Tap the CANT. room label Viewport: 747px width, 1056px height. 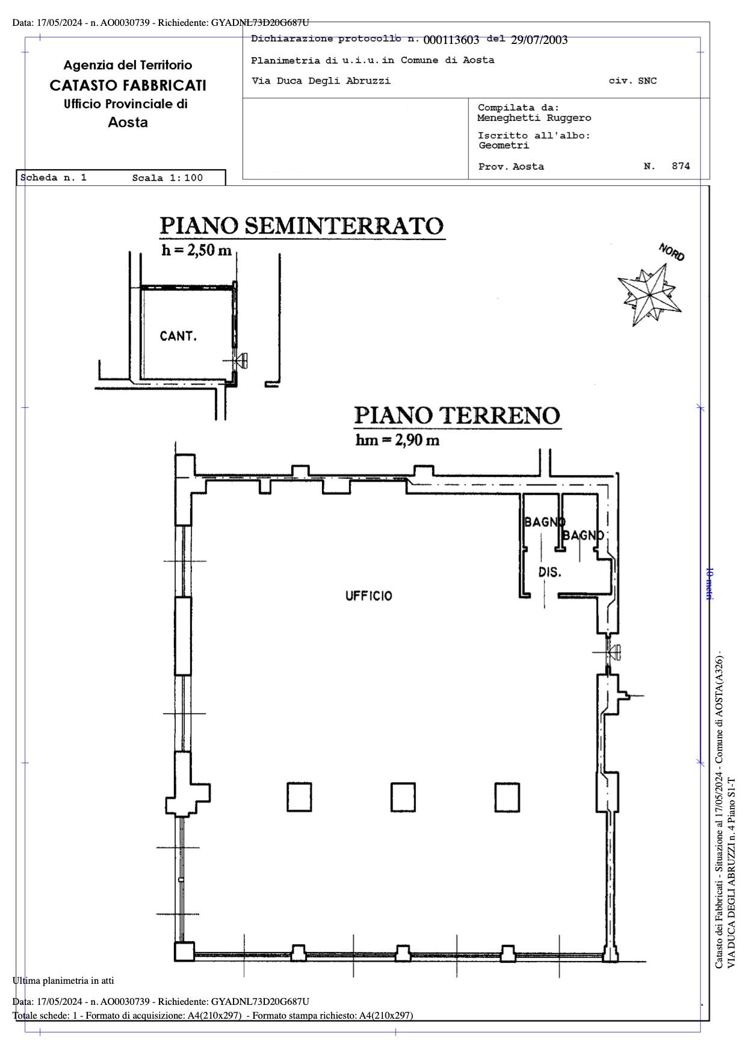pos(178,336)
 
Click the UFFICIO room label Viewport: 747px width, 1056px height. pos(368,596)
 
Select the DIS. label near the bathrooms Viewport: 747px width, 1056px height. pos(550,572)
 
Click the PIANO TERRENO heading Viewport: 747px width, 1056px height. pos(457,416)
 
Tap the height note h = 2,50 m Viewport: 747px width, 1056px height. pos(196,250)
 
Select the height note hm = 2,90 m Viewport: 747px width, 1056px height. pos(397,440)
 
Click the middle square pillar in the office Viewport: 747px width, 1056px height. pos(403,797)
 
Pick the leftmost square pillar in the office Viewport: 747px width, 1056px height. pos(299,797)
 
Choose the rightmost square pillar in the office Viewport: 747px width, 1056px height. pos(507,797)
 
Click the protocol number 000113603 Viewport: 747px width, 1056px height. pos(451,40)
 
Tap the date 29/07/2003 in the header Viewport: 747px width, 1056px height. pos(539,40)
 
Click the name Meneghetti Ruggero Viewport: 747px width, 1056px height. pos(535,118)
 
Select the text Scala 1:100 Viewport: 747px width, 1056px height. pos(167,178)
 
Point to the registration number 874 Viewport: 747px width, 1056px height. pos(681,166)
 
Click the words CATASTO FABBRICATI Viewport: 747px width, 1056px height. pos(128,85)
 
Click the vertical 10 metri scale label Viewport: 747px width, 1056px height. pos(710,582)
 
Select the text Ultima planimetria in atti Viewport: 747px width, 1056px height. pos(63,981)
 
